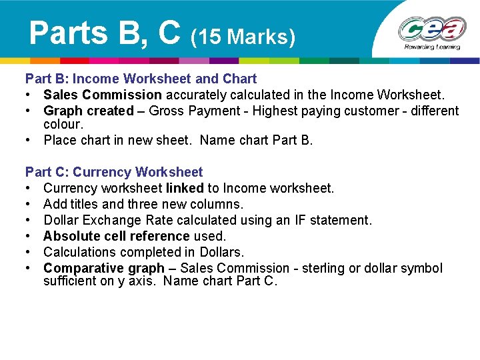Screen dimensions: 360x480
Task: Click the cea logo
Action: [x=432, y=29]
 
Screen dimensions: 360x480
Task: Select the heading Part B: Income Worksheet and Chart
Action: [x=141, y=79]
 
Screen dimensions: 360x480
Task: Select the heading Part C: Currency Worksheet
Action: [x=114, y=172]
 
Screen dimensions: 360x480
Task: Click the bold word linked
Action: [x=185, y=188]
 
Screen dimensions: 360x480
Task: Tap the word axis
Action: [x=145, y=281]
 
